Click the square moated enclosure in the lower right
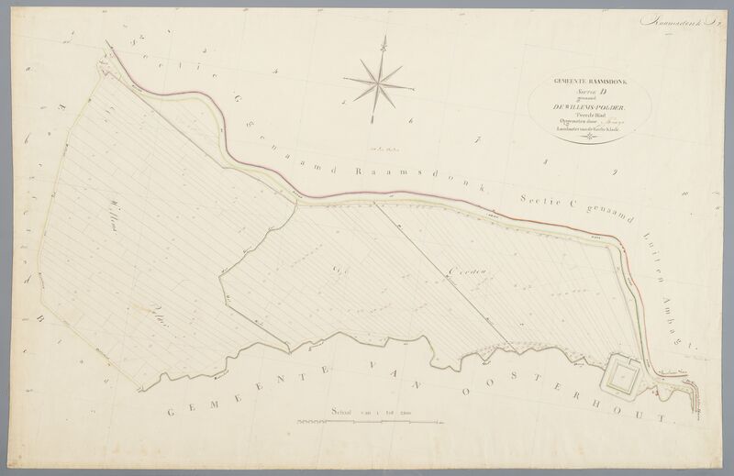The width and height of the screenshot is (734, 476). click(x=625, y=374)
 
